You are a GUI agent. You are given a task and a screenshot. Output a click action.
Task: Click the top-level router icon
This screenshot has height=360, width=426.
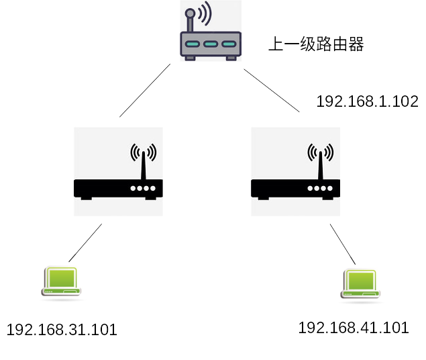(210, 34)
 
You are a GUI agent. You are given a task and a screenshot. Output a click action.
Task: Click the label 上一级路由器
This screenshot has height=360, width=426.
(316, 45)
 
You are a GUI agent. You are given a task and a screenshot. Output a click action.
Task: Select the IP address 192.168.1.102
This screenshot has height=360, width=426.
(368, 101)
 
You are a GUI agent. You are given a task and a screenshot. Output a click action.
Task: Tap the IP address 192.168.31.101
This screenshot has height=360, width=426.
(62, 330)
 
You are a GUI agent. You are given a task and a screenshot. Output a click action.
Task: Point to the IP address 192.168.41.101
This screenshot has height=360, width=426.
(353, 328)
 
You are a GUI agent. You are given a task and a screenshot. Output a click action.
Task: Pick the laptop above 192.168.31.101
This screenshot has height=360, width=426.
(61, 280)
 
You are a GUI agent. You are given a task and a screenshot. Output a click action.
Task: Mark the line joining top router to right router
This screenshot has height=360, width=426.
(272, 90)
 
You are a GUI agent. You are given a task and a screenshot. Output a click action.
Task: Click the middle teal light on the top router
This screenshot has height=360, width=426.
(210, 44)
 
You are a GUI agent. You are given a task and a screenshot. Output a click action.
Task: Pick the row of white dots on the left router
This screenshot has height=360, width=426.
(142, 189)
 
